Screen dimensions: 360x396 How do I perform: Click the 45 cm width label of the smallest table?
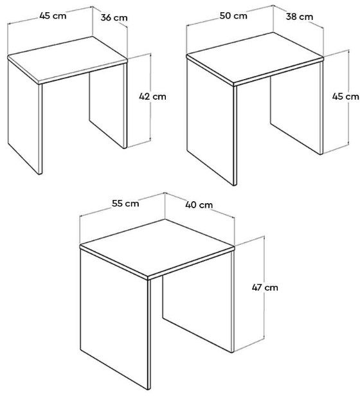pos(53,15)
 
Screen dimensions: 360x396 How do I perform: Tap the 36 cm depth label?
pos(114,18)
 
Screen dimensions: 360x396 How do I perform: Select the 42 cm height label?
pos(152,96)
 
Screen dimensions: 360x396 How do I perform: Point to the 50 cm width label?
pos(233,15)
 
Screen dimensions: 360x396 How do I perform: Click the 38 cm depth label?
pos(300,17)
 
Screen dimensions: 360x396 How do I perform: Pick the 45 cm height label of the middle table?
pos(345,96)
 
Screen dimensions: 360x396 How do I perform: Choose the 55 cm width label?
pos(125,203)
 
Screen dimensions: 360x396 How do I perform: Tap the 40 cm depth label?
pos(199,204)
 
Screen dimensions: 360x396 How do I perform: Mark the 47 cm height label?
pos(265,287)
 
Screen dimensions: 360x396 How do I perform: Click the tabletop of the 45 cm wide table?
pos(67,59)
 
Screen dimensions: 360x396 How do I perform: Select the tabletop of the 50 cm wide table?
pos(255,58)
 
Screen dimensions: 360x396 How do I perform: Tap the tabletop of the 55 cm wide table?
pos(157,248)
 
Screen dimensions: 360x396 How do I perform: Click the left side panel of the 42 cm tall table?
pos(25,115)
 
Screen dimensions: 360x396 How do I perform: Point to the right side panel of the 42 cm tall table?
pos(108,106)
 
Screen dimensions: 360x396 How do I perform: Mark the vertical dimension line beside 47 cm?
pos(264,288)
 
